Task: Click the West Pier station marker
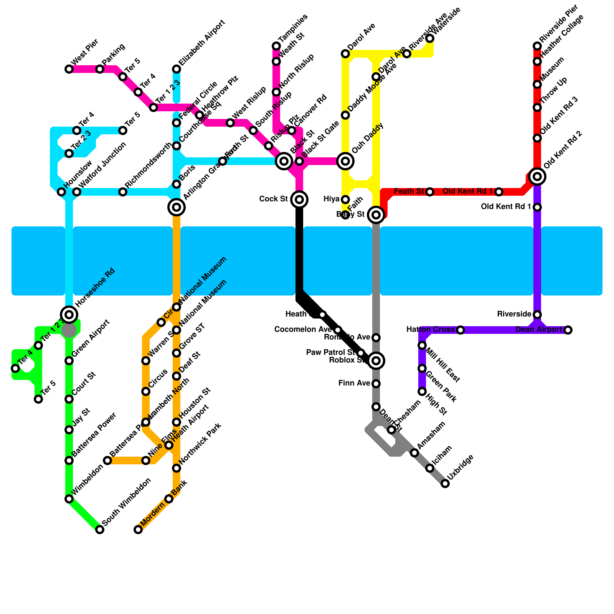point(69,69)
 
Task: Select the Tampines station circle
point(276,46)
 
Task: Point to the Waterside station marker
point(430,38)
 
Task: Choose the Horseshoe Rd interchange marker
point(69,315)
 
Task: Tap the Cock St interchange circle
point(299,199)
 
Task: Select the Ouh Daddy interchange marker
point(345,161)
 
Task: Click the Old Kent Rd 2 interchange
point(537,177)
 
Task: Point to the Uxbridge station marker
point(445,484)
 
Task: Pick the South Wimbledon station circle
point(100,530)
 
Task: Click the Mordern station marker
point(138,530)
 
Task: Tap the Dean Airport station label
point(538,330)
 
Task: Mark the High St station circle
point(422,391)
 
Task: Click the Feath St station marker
point(430,191)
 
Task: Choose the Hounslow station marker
point(61,192)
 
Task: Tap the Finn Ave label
point(354,383)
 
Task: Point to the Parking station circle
point(100,69)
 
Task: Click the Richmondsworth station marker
point(123,192)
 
